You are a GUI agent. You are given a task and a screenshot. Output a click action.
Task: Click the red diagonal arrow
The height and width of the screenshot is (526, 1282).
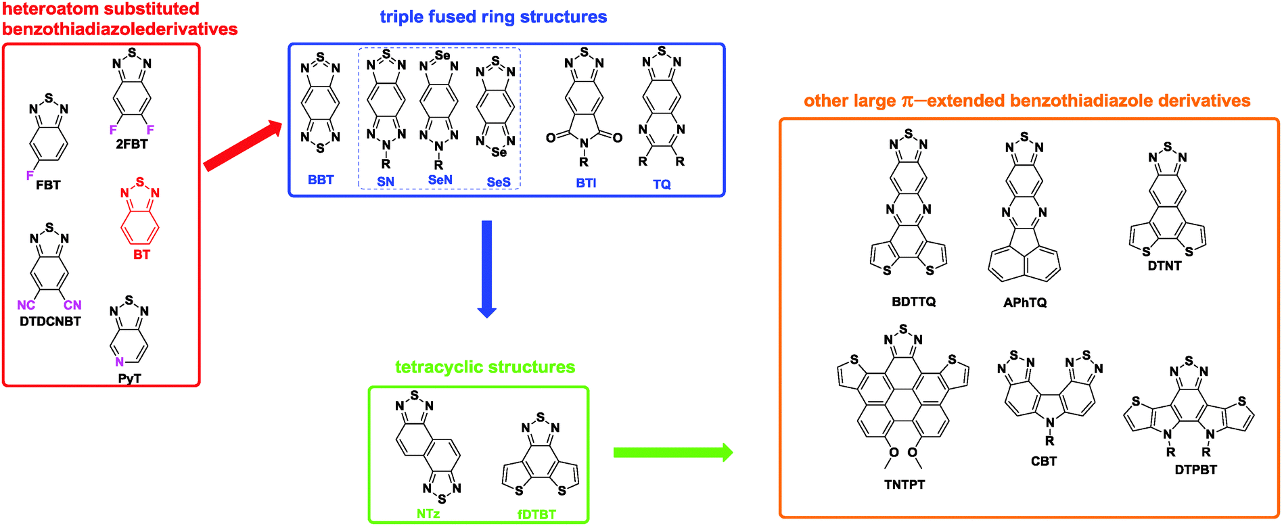pos(242,146)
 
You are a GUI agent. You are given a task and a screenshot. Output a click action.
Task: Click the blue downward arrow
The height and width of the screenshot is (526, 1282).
pos(486,268)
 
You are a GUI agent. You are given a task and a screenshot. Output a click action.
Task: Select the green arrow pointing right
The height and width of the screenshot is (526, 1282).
pos(672,452)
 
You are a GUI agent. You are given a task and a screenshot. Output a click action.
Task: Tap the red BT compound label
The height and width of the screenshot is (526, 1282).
pos(141,255)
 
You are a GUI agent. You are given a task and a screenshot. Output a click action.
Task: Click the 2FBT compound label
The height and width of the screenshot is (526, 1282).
pos(131,144)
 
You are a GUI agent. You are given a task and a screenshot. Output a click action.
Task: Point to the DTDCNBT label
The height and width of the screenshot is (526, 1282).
pos(50,321)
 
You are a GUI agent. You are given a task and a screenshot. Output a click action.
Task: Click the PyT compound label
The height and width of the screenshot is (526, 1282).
pos(129,379)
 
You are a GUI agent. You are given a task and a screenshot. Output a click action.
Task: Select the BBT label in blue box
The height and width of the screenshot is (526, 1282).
pos(321,180)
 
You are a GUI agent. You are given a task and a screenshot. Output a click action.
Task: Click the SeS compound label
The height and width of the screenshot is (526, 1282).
pos(499,183)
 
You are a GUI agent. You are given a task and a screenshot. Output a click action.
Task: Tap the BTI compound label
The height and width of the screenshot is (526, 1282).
pos(586,183)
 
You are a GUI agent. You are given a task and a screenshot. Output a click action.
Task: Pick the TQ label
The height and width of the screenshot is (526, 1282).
pos(662,184)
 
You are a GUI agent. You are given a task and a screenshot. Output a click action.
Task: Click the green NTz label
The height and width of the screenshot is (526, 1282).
pos(428,514)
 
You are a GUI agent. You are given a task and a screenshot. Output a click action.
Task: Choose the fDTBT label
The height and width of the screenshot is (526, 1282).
pos(536,515)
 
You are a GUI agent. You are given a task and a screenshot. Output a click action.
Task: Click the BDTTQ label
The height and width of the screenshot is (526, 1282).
pos(913,302)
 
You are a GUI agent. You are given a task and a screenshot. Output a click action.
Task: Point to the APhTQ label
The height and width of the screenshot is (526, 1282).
pos(1025,302)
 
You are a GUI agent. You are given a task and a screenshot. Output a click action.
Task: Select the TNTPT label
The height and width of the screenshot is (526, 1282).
pos(905,484)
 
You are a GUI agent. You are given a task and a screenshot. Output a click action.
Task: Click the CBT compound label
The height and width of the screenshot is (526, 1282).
pos(1044,461)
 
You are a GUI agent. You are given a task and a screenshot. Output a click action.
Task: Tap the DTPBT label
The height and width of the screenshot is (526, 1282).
pos(1195,469)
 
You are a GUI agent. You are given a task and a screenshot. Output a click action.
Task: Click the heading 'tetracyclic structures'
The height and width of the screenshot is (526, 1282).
pos(485,367)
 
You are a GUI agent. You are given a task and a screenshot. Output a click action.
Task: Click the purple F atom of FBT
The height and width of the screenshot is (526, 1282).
pos(30,176)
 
